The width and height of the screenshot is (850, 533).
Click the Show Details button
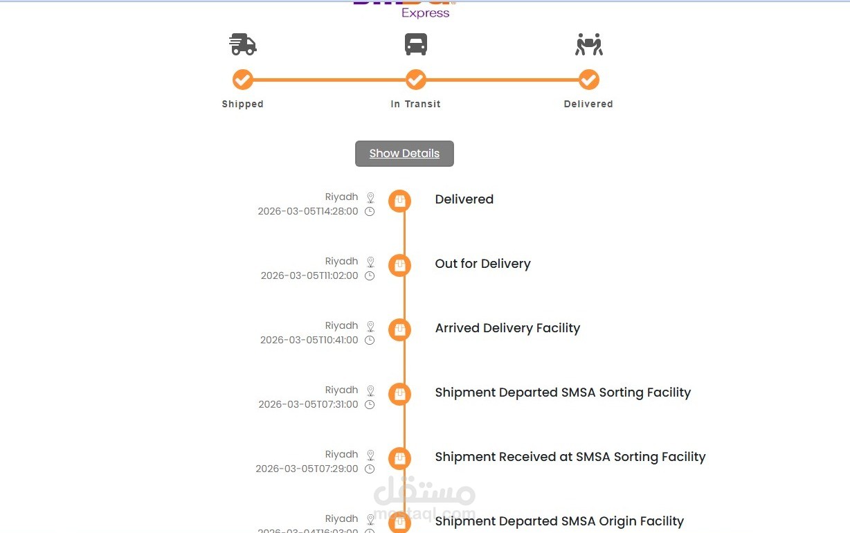404,154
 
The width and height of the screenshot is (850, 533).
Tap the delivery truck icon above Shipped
242,44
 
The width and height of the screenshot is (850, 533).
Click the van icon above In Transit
415,44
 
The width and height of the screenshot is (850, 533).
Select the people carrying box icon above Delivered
588,44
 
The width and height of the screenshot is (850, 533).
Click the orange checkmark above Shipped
242,80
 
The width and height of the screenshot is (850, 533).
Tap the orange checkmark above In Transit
415,80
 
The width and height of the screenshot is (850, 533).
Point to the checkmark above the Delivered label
588,80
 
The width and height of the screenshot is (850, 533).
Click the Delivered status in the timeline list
464,199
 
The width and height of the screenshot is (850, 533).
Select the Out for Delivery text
482,264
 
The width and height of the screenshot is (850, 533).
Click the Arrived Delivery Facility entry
507,328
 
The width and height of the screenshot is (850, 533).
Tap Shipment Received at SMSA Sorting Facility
570,457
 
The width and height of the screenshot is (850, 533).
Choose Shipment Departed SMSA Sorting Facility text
563,392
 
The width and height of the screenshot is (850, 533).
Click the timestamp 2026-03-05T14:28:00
308,212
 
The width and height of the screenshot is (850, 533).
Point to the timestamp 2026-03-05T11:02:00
309,276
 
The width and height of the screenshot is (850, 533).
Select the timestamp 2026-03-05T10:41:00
309,341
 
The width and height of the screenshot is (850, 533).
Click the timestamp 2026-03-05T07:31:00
308,405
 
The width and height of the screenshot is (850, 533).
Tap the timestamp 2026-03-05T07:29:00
307,469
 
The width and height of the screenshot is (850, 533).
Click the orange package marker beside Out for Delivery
399,265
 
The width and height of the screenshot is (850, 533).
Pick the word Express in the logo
425,13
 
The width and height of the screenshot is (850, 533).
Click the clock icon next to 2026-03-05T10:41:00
370,341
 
